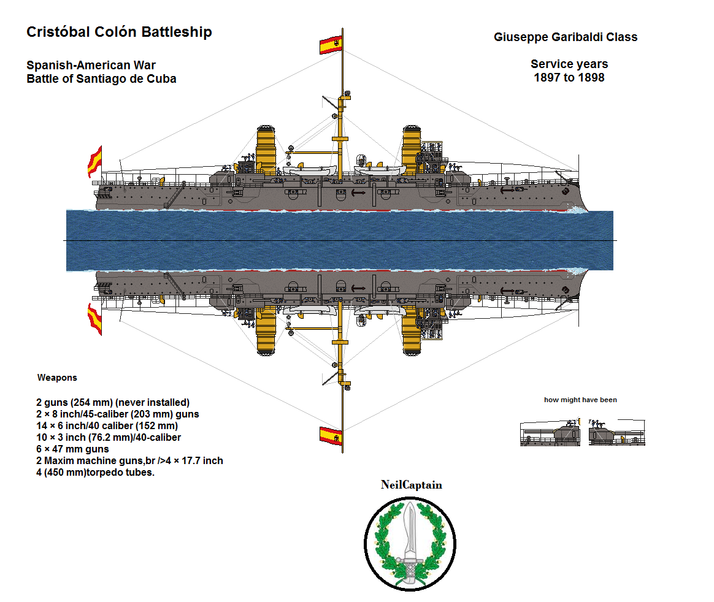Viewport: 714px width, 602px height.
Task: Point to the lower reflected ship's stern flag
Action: [x=95, y=319]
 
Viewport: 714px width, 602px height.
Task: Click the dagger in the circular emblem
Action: [x=410, y=533]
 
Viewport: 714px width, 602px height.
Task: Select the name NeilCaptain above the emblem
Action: [x=411, y=485]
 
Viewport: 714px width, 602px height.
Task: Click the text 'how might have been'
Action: [x=580, y=400]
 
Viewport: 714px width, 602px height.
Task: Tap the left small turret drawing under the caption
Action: [x=550, y=433]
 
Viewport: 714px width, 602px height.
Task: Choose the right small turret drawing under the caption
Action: [x=616, y=433]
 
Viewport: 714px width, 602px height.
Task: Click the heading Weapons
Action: [x=57, y=378]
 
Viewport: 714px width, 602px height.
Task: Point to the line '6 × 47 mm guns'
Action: [x=72, y=449]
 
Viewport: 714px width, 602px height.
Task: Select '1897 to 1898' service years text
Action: [x=569, y=78]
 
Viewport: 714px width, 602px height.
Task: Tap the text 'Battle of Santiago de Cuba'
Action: [x=101, y=79]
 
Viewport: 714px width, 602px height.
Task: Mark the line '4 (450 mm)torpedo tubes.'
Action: [x=95, y=472]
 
